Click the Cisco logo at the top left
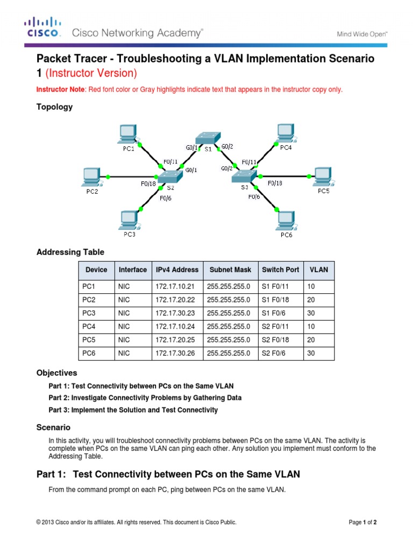coord(42,27)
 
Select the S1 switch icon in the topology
coord(205,138)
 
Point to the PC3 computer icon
coord(129,220)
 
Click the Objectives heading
coord(56,373)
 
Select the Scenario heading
coord(53,427)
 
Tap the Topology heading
coord(54,107)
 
